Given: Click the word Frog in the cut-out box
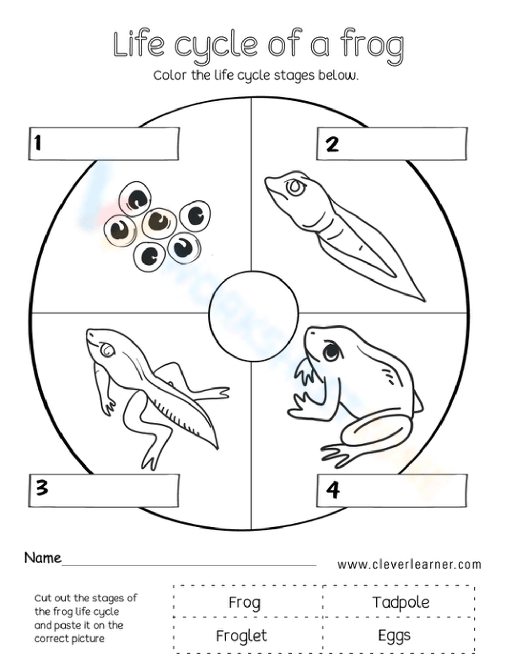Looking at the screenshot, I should pos(244,603).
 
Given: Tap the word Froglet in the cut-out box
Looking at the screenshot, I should pos(241,635).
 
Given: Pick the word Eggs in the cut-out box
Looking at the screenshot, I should pos(394,635).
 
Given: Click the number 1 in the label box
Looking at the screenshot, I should pos(37,143).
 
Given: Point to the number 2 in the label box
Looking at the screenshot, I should pos(332,143).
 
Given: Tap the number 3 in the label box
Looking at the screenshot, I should pos(42,487).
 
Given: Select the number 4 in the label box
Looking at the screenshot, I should pos(333,489).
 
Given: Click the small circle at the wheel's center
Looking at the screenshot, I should pos(253,314).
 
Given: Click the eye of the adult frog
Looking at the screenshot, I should pos(331,353).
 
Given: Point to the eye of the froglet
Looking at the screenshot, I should pos(107,351).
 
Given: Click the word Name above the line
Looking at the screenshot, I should pos(43,558).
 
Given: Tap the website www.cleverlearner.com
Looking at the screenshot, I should pos(409,564).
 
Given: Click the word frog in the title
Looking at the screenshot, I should pos(372,45).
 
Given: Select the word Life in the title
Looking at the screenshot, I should pos(139,44).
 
